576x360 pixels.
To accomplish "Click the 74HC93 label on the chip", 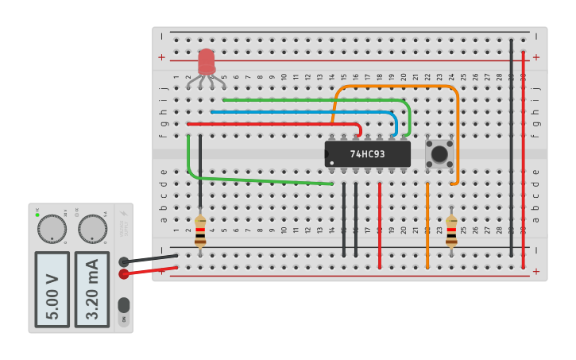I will [367, 153].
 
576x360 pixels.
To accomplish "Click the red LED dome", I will [207, 60].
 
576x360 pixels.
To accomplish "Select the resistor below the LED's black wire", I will [200, 230].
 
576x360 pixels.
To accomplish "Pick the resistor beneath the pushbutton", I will [451, 230].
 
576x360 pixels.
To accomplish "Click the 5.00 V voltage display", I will [52, 289].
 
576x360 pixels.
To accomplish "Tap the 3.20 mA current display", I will [92, 289].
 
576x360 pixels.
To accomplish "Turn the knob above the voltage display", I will [52, 229].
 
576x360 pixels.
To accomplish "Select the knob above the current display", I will [92, 229].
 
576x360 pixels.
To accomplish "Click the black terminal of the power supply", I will [123, 261].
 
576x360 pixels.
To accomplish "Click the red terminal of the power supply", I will [123, 274].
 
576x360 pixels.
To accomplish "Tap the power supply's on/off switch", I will [123, 306].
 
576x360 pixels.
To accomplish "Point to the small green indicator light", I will [37, 215].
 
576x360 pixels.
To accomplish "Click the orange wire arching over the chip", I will [397, 87].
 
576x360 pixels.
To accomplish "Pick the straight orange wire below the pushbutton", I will [427, 226].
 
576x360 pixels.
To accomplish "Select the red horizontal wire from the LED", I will [270, 124].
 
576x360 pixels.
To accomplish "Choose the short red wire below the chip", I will [380, 226].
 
